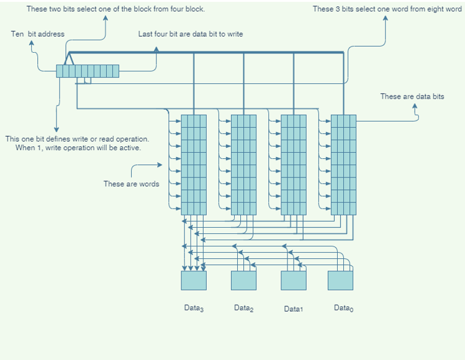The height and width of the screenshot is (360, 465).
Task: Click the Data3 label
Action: click(194, 308)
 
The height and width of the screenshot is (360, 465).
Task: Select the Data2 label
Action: click(243, 308)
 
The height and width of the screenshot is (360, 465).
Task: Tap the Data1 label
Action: click(293, 308)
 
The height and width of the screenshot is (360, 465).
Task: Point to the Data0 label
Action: click(343, 308)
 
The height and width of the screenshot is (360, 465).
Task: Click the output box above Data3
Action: click(194, 281)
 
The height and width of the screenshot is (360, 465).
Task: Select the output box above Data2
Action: click(243, 281)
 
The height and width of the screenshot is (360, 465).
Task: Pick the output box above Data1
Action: click(294, 281)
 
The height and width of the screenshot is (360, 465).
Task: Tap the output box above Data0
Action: click(340, 281)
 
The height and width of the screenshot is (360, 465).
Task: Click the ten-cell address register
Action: click(88, 71)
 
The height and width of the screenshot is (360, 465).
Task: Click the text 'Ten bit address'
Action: click(37, 34)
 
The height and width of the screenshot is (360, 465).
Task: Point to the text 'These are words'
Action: click(131, 184)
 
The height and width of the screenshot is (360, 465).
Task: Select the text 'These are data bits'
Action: click(412, 96)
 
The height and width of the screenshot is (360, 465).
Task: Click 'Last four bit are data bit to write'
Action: click(191, 34)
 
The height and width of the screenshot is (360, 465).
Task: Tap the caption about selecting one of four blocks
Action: click(115, 9)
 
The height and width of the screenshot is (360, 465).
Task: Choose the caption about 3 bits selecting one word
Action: click(387, 9)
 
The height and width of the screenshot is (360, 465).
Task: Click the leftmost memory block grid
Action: click(194, 164)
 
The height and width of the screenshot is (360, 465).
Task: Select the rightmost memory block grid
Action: click(343, 164)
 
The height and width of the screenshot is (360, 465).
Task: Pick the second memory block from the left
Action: click(243, 164)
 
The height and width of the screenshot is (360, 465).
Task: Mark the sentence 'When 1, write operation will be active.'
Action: click(78, 148)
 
